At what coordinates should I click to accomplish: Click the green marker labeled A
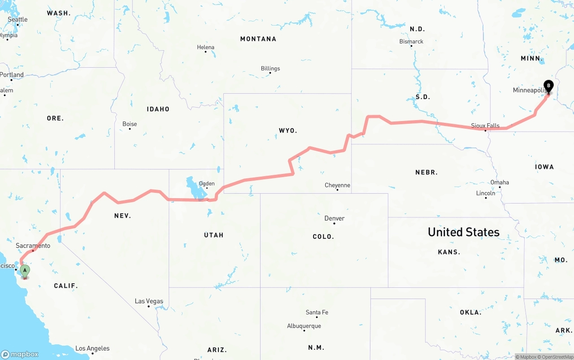pos(25,270)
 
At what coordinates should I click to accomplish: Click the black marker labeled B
pos(548,85)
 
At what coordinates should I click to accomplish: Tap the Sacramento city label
pos(33,246)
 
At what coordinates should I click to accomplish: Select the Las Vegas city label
pos(149,301)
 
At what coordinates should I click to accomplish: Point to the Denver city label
pos(335,218)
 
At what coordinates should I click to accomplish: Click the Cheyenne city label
pos(337,185)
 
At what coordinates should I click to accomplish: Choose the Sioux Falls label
pos(485,126)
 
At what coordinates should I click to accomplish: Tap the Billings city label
pos(270,69)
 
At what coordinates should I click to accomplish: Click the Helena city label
pos(206,47)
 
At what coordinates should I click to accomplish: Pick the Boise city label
pos(130,124)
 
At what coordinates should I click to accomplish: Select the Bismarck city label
pos(411,41)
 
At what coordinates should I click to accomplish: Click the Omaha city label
pos(500,182)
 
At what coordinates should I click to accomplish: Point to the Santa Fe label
pos(317,312)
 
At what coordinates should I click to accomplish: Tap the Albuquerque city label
pos(304,326)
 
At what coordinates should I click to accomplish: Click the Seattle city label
pos(17,19)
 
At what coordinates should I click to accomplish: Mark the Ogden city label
pos(207,183)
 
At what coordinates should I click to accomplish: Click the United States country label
pos(463,232)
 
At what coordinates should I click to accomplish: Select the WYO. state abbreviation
pos(288,130)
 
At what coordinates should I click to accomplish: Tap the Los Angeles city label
pos(92,348)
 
